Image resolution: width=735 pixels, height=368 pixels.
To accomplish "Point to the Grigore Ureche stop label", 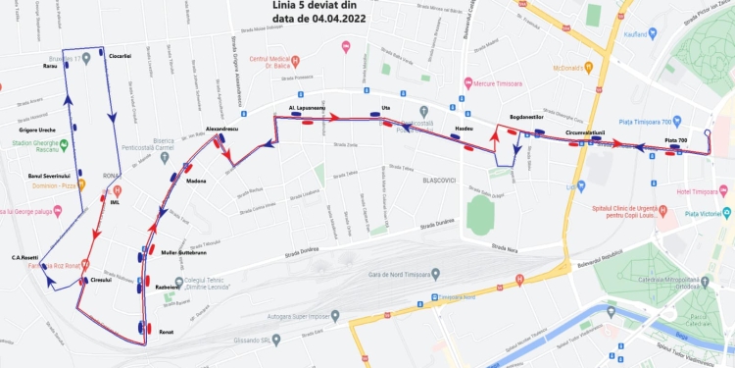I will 37,131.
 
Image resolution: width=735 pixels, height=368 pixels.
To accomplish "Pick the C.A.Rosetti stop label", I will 24,258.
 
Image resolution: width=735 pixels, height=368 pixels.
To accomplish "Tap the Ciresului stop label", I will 101,280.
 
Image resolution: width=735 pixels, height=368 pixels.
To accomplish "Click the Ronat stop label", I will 166,333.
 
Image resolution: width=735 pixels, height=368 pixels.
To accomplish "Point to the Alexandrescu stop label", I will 222,129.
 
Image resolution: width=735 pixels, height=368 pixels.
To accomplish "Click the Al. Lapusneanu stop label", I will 306,107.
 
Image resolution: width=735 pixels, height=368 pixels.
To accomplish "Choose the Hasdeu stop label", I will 465,130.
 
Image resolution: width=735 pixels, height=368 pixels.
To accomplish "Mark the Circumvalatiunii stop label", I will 585,131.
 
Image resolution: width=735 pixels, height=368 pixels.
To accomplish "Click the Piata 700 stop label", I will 675,140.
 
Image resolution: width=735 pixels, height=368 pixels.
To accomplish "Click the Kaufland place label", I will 638,34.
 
